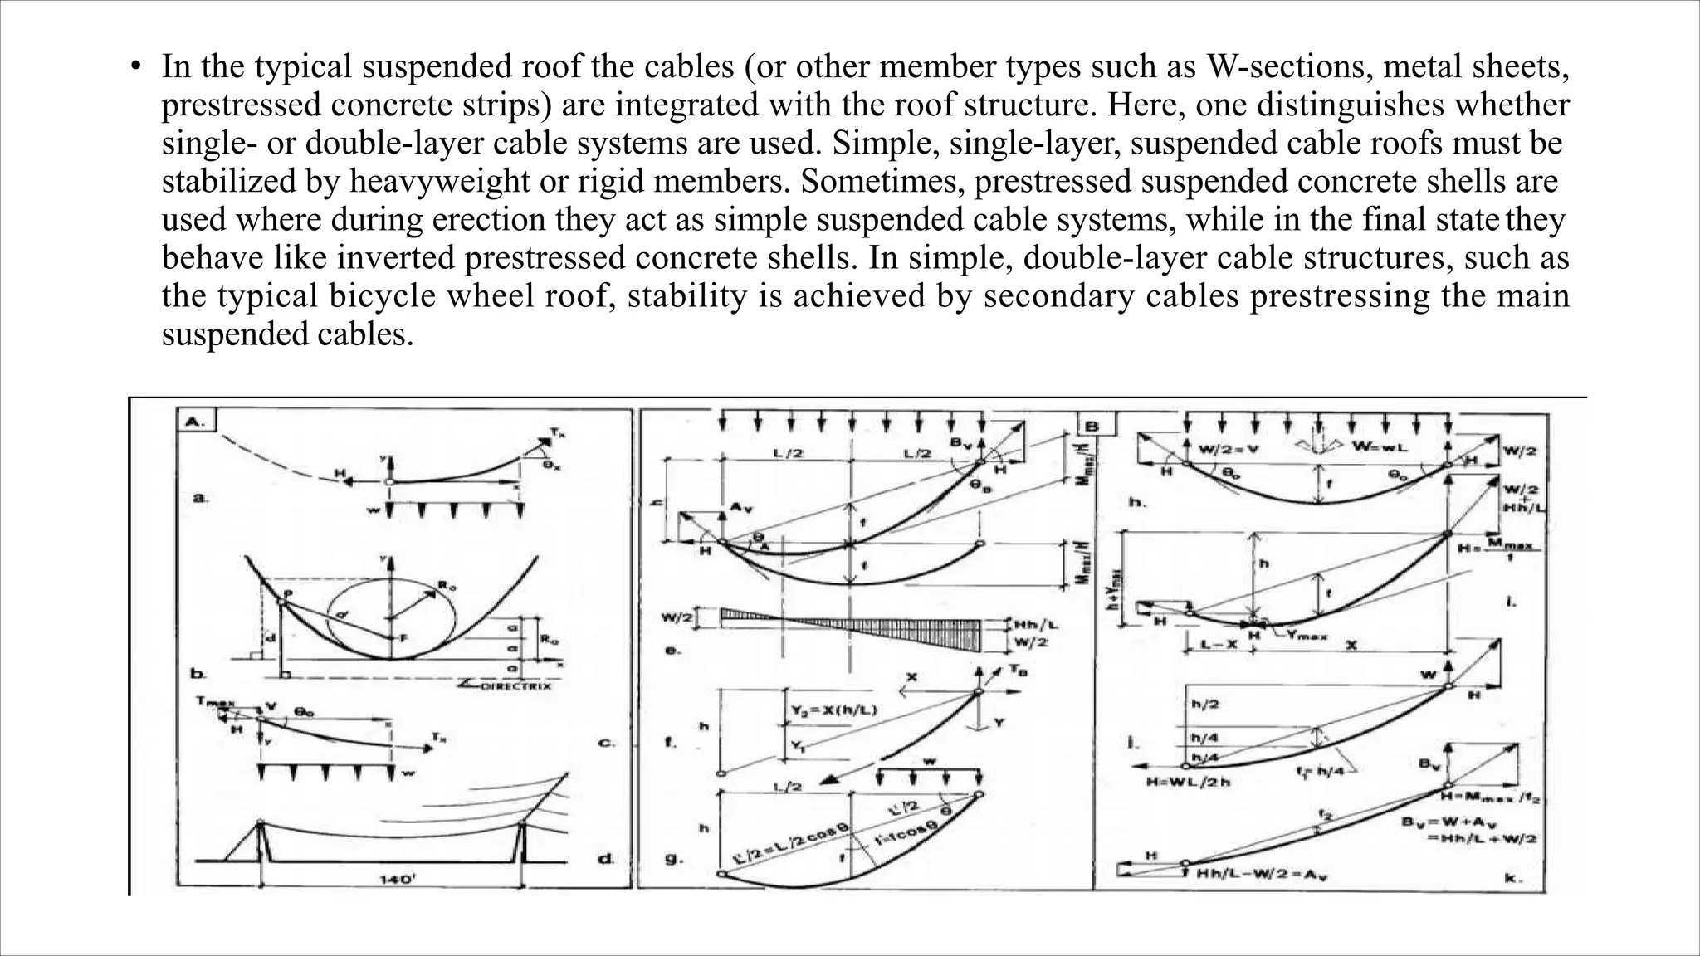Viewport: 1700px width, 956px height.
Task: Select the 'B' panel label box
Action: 1091,427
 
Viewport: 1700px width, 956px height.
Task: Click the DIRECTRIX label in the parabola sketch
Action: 511,686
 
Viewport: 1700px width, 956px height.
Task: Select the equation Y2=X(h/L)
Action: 831,710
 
